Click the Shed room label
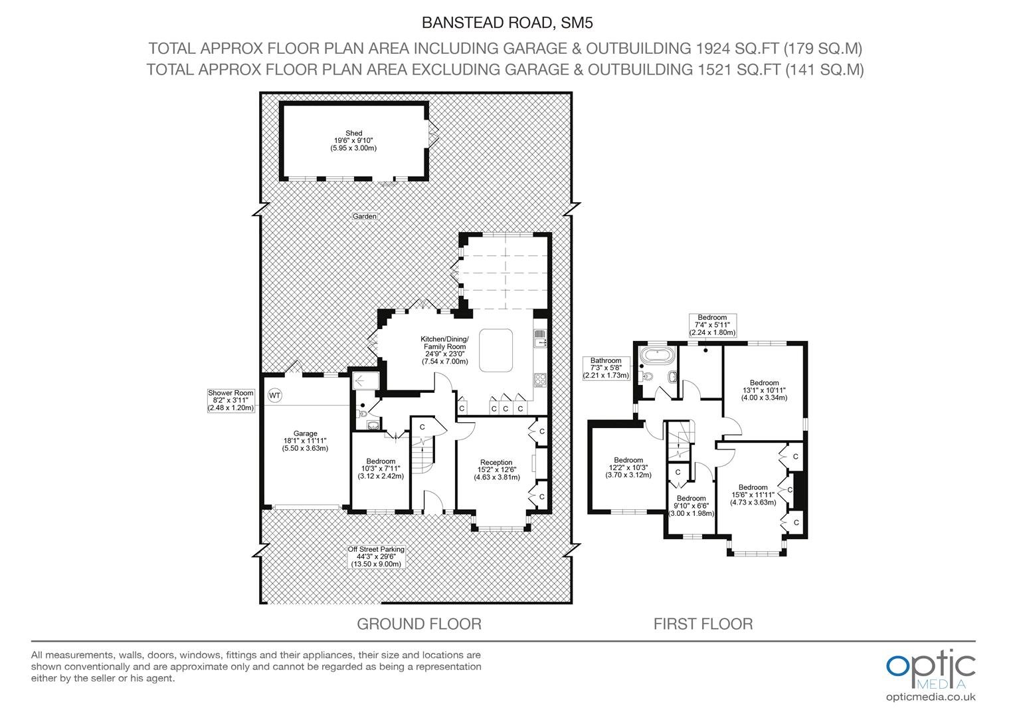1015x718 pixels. (x=353, y=140)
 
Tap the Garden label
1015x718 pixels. (x=365, y=216)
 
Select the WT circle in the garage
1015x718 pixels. (x=274, y=396)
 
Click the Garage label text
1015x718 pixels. (x=305, y=441)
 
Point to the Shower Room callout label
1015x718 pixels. (x=231, y=400)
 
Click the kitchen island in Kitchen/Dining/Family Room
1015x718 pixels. (x=496, y=350)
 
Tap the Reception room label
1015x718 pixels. (x=497, y=470)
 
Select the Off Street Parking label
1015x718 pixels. (x=376, y=556)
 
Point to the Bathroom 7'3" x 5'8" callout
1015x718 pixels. (x=606, y=368)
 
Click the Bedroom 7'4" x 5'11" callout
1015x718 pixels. (x=712, y=324)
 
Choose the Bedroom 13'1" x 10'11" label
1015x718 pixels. (x=764, y=390)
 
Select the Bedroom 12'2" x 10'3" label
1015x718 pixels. (x=628, y=467)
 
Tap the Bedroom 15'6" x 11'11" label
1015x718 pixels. (x=753, y=495)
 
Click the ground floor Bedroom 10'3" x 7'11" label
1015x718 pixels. (x=381, y=469)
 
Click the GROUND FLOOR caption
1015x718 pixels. (x=419, y=624)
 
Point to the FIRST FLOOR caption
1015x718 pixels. (x=703, y=624)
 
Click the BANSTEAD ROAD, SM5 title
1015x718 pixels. (x=507, y=23)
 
